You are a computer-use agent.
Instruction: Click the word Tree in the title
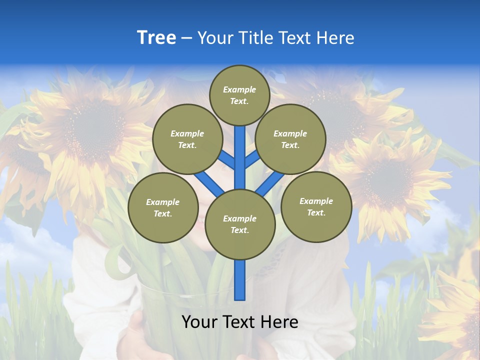156,37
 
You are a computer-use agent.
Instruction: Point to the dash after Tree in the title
186,38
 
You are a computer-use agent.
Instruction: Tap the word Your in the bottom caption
199,321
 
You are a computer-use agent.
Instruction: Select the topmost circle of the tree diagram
239,95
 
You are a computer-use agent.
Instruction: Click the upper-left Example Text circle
187,139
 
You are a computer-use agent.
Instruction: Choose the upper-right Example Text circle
290,139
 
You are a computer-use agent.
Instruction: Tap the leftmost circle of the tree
163,207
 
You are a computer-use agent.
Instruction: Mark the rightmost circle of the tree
316,206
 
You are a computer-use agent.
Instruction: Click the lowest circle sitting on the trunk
240,224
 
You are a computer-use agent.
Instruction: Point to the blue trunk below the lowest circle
240,280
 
